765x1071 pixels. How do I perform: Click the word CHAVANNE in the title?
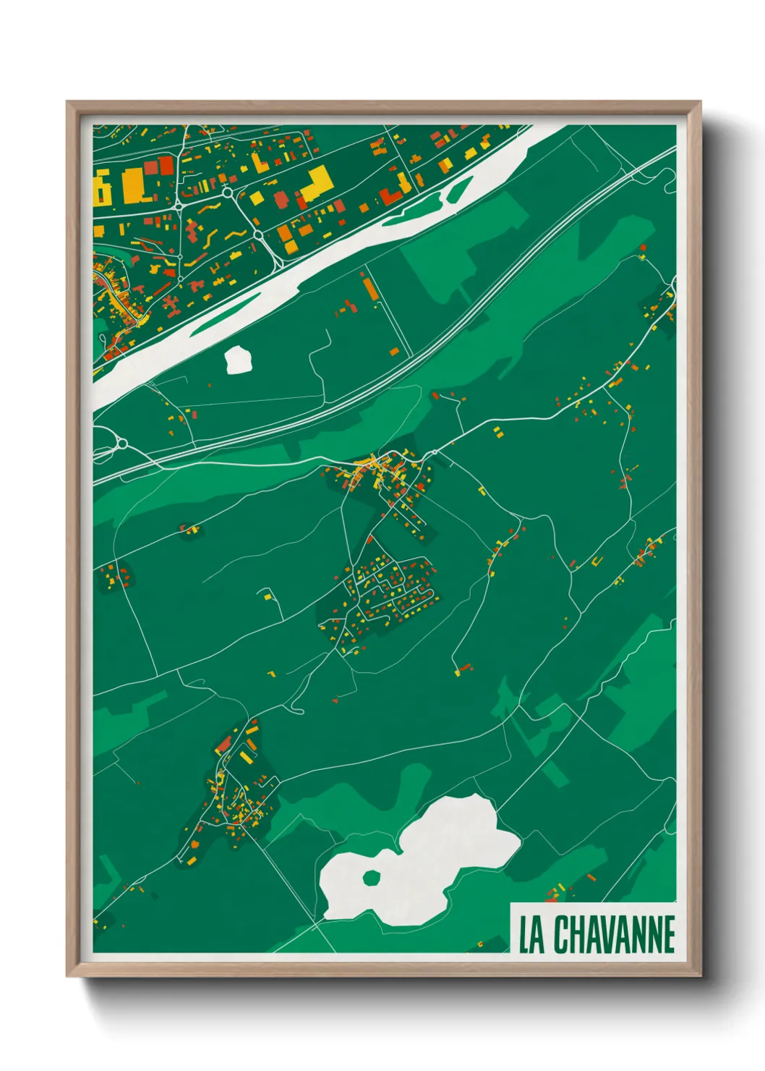pyautogui.click(x=615, y=934)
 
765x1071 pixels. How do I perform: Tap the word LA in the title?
pyautogui.click(x=531, y=934)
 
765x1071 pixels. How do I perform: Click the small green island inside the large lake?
pyautogui.click(x=371, y=879)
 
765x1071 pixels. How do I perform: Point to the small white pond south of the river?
pyautogui.click(x=239, y=360)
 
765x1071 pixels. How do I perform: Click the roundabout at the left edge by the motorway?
pyautogui.click(x=121, y=443)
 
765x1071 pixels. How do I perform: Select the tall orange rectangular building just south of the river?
pyautogui.click(x=370, y=289)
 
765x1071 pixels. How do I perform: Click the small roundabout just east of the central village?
pyautogui.click(x=434, y=454)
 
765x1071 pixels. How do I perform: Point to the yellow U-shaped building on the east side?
pyautogui.click(x=597, y=561)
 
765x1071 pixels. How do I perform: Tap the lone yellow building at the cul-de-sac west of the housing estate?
pyautogui.click(x=268, y=596)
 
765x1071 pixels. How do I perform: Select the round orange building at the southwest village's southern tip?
pyautogui.click(x=196, y=844)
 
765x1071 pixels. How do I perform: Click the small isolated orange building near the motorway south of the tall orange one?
pyautogui.click(x=395, y=352)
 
